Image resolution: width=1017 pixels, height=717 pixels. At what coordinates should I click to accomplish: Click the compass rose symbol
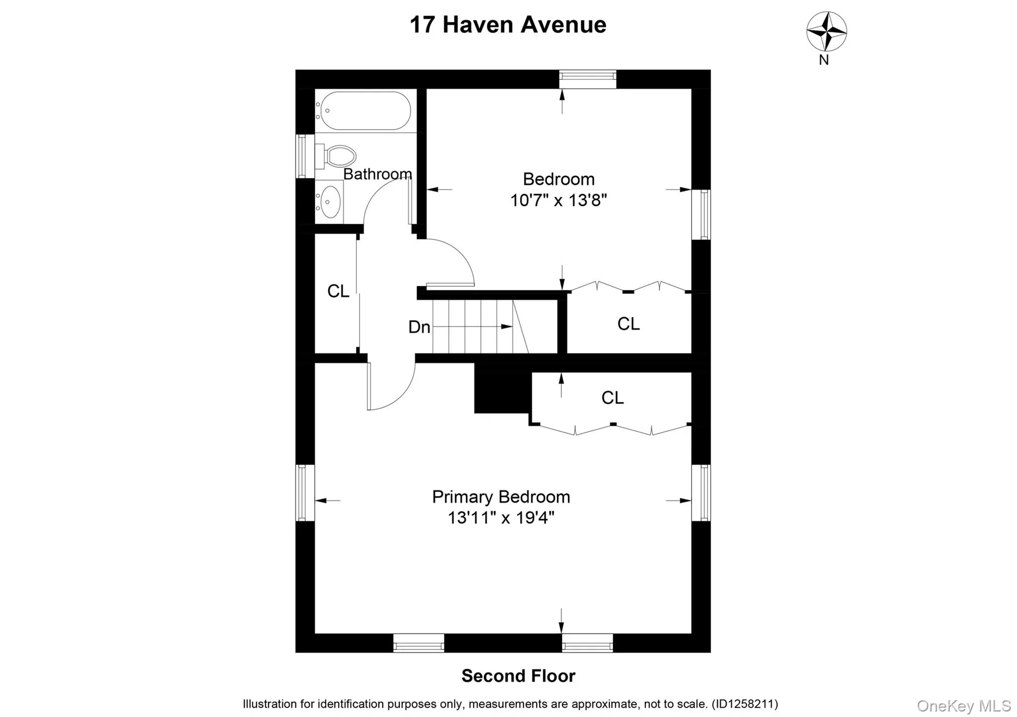[x=826, y=31]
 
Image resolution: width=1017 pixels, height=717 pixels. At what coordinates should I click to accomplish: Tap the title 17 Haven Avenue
[x=508, y=25]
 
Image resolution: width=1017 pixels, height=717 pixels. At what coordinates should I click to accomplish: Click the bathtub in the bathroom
[x=365, y=110]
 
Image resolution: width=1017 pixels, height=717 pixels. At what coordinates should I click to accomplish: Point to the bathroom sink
[x=329, y=202]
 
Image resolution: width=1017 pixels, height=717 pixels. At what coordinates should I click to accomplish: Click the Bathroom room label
[x=377, y=174]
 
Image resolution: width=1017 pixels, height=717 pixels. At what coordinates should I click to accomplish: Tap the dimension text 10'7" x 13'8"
[x=559, y=200]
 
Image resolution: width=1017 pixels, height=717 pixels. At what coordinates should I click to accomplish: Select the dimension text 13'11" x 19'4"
[x=501, y=518]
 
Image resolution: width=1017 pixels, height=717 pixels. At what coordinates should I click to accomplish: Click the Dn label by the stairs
[x=419, y=327]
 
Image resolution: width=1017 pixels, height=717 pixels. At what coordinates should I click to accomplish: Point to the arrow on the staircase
[x=506, y=326]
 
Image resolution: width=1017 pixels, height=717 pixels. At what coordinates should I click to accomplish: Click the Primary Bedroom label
[x=501, y=496]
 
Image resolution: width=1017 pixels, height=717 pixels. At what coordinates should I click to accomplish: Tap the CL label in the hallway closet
[x=338, y=291]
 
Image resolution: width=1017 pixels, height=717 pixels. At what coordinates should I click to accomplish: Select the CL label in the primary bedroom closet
[x=612, y=398]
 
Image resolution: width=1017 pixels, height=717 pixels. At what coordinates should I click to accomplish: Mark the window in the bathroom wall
[x=301, y=156]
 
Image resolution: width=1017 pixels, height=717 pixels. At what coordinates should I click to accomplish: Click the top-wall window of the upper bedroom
[x=587, y=79]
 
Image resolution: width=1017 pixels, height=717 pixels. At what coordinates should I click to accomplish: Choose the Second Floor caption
[x=518, y=676]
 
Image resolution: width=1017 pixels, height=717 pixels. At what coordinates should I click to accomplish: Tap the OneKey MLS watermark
[x=963, y=706]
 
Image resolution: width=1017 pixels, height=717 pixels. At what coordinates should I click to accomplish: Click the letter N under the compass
[x=824, y=60]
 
